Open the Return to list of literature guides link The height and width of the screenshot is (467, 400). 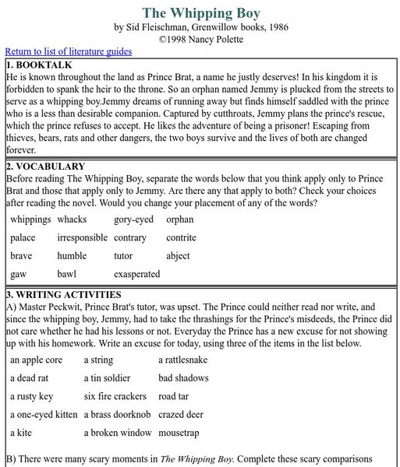68,51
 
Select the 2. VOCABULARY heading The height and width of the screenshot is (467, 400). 46,166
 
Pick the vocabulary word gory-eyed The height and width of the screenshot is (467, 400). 133,219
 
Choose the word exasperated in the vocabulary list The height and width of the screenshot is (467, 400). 136,274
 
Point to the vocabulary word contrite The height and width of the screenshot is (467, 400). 181,237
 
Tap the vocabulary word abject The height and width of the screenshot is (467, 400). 178,256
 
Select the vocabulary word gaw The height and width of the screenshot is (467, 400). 19,274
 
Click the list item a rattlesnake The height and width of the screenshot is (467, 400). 185,360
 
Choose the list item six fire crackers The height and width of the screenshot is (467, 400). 115,396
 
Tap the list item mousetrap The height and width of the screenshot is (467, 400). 182,433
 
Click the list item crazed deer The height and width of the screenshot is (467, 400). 182,414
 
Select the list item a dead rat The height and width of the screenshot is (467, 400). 30,377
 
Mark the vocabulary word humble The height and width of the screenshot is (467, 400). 72,256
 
